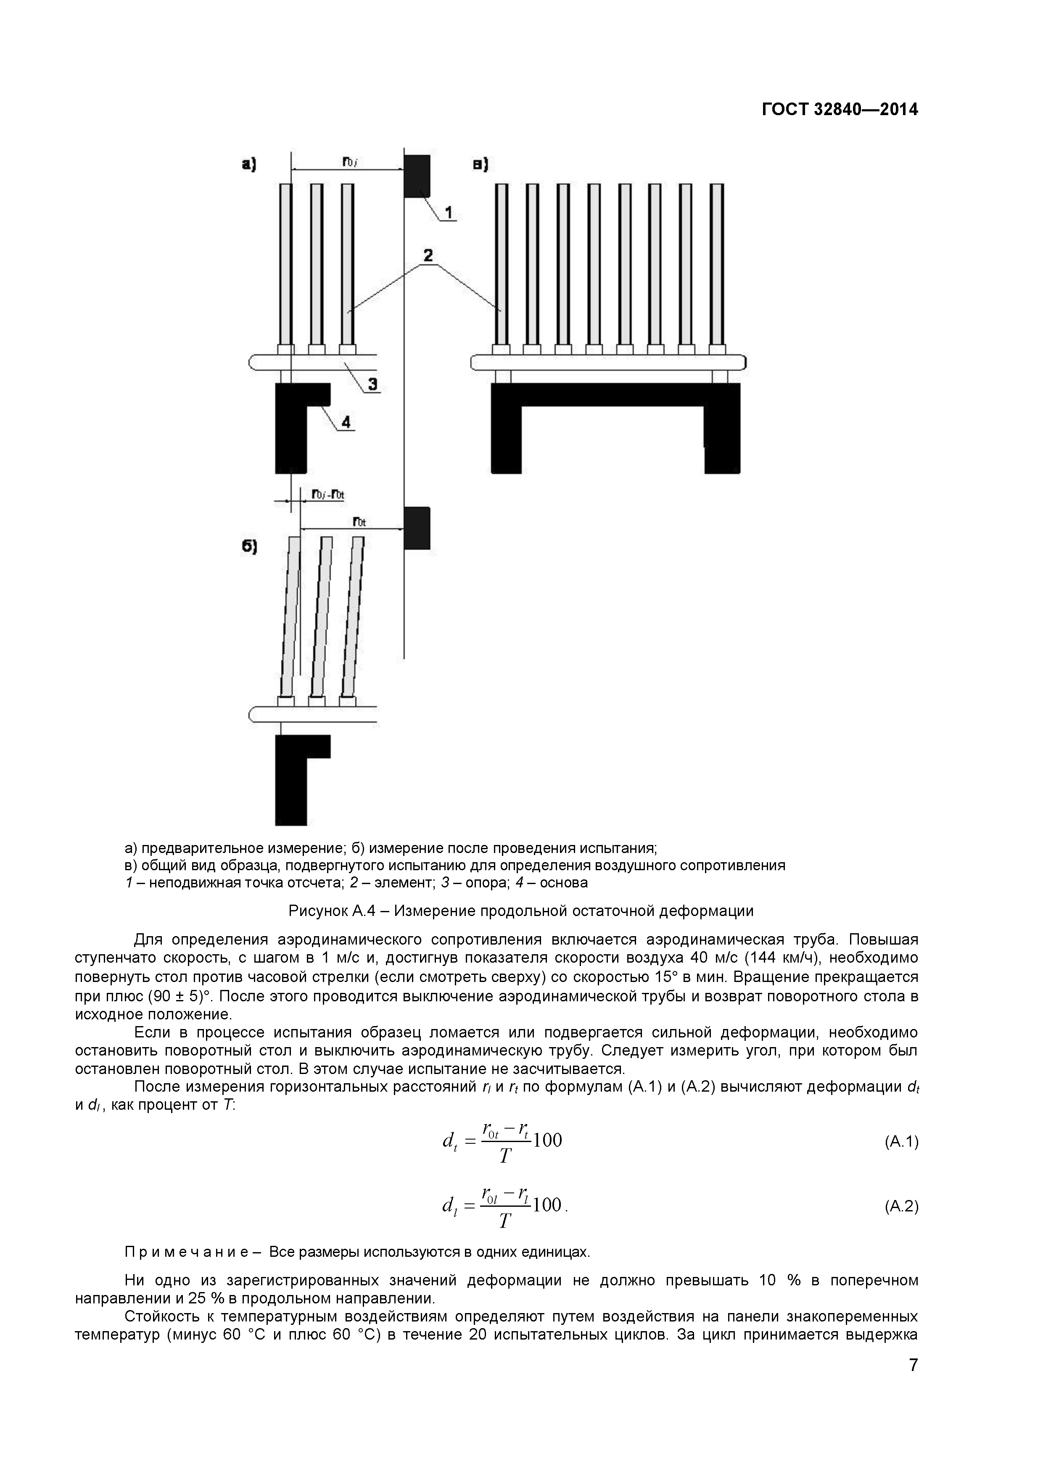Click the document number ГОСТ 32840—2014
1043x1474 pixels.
tap(840, 110)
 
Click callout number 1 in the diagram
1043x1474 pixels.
tap(448, 211)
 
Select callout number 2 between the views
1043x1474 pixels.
tap(427, 255)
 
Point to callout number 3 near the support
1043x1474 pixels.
tap(372, 384)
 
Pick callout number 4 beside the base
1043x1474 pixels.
tap(346, 422)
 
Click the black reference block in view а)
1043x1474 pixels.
tap(417, 175)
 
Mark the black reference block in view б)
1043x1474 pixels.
tap(417, 528)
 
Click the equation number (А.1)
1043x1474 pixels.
tap(901, 1142)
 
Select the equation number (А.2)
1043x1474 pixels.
tap(901, 1206)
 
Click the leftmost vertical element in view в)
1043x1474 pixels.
tap(502, 264)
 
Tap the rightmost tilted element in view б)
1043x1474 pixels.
tap(353, 616)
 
